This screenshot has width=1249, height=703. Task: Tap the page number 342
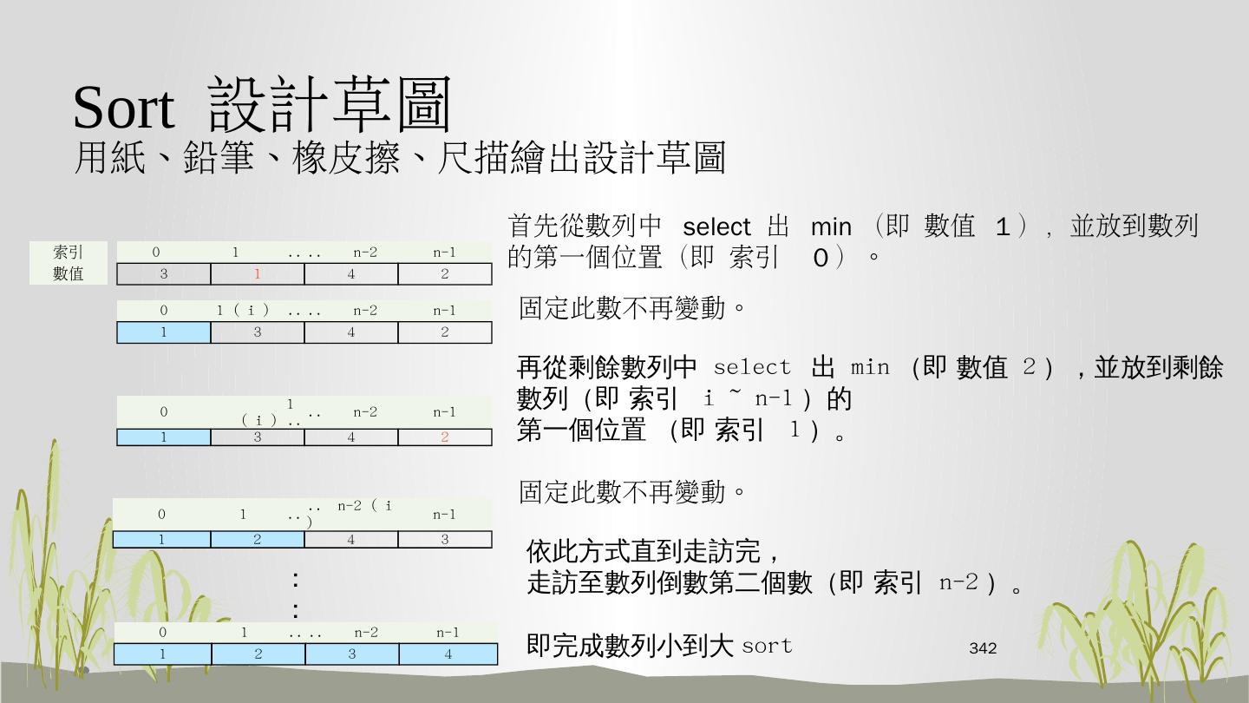click(983, 648)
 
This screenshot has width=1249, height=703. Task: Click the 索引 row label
click(69, 253)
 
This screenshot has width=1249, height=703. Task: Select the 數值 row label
click(69, 273)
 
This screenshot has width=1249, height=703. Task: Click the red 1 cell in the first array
click(258, 274)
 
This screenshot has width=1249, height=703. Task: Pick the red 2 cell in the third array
click(445, 437)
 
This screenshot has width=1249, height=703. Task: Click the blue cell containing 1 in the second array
click(164, 332)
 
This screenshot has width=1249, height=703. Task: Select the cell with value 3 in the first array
click(164, 274)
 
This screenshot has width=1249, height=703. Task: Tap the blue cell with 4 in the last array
click(448, 654)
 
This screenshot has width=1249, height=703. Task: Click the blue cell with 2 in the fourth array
click(258, 540)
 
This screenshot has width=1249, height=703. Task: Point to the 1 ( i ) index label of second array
click(243, 310)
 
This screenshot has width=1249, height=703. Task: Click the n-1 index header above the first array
click(445, 253)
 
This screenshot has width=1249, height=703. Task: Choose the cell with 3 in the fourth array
click(445, 540)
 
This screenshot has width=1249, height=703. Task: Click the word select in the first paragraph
click(716, 227)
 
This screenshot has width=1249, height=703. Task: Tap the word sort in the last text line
click(768, 646)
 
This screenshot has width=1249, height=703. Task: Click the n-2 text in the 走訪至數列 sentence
click(959, 582)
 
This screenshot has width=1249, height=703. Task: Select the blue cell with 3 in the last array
click(352, 654)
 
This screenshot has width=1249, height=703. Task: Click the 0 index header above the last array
click(163, 633)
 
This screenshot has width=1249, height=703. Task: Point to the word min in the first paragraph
click(831, 227)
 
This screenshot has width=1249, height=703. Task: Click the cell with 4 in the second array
click(351, 332)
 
